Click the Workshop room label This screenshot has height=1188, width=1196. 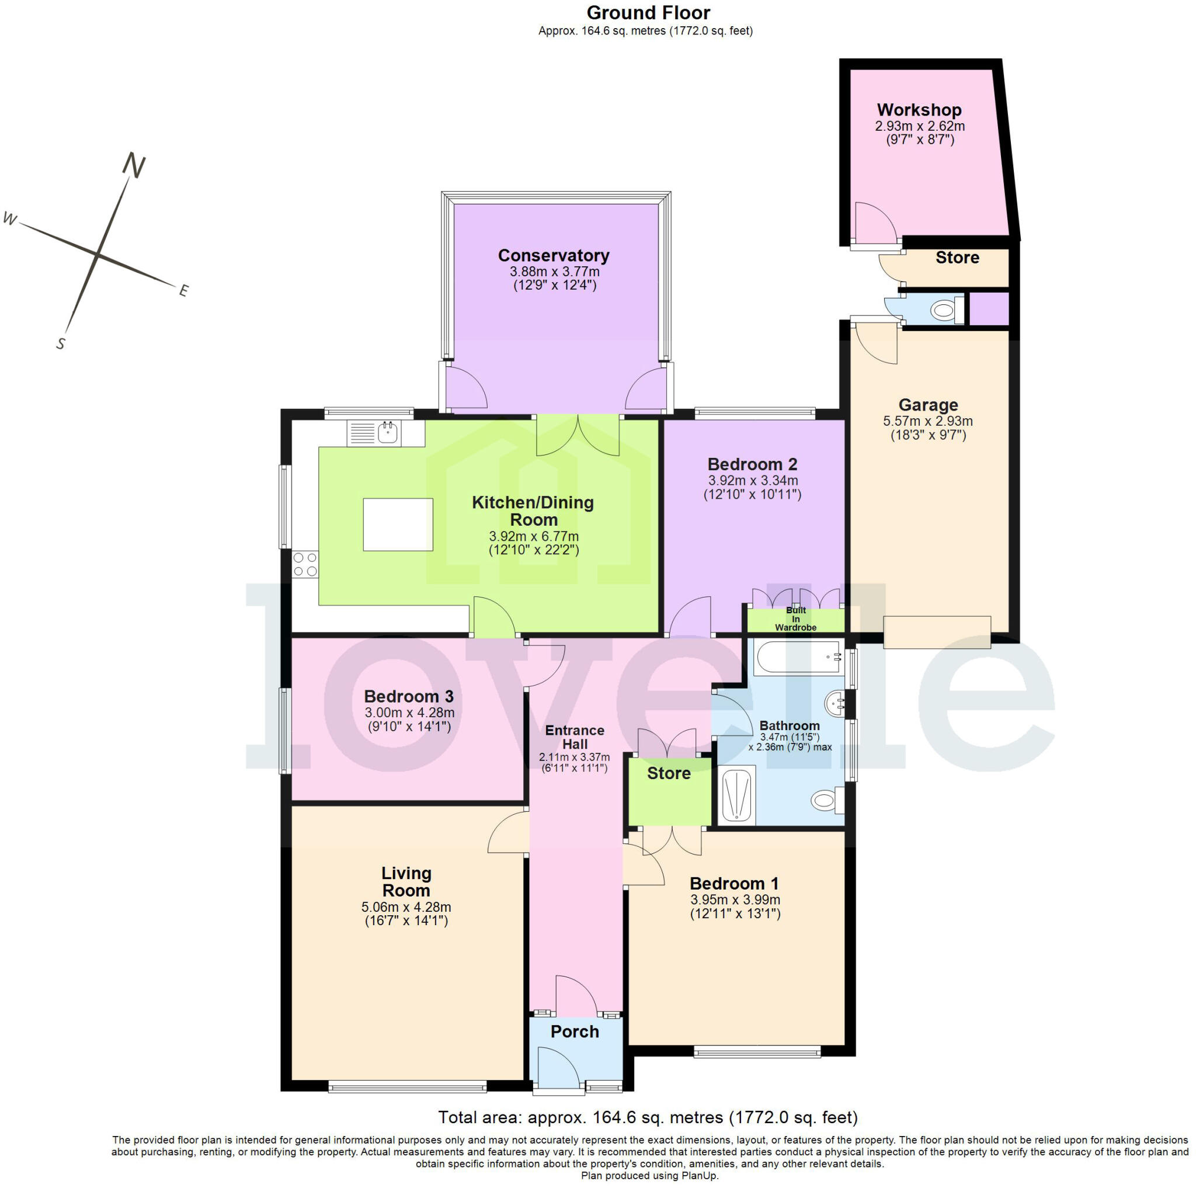tap(919, 110)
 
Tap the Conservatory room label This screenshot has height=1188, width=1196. tap(554, 256)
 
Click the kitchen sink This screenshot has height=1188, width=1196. tap(374, 433)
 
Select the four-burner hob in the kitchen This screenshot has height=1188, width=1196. tap(305, 564)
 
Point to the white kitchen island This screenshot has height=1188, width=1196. tap(398, 524)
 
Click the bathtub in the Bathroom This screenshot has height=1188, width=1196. tap(797, 658)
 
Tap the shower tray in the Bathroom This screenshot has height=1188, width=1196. tap(736, 796)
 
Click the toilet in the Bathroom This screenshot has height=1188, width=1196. tap(828, 800)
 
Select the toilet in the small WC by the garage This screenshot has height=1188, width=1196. tap(947, 310)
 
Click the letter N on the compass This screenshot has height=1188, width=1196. tap(134, 165)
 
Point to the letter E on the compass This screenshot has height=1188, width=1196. tap(183, 290)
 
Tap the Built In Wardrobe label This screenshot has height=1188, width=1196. tap(795, 619)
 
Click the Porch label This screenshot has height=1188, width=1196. tap(575, 1031)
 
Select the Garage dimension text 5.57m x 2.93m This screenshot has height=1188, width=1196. tap(927, 421)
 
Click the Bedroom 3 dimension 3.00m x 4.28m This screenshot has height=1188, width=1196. tap(409, 713)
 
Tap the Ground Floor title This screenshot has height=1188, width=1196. tap(648, 12)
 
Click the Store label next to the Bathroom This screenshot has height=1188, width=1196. tap(669, 773)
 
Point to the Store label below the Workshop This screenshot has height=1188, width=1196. tap(957, 258)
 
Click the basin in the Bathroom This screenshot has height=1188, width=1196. tap(835, 704)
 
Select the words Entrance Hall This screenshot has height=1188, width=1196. tap(575, 737)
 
